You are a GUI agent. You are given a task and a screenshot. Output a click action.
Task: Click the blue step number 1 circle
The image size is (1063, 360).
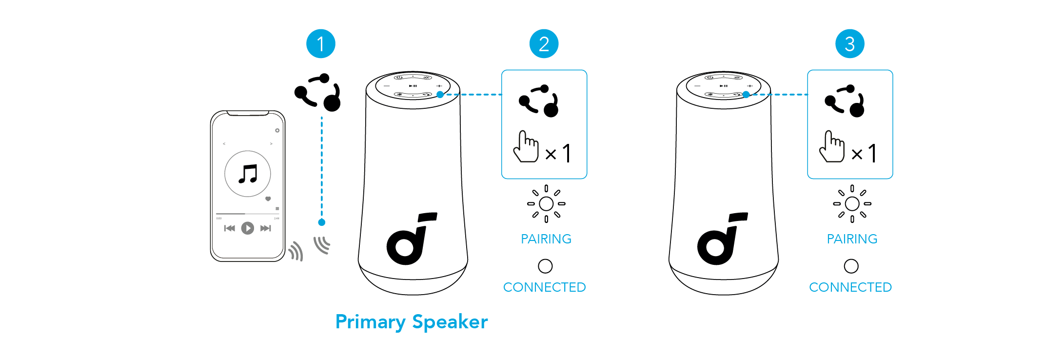coord(320,44)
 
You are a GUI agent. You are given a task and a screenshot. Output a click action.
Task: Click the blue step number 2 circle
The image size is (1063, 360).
coord(544,44)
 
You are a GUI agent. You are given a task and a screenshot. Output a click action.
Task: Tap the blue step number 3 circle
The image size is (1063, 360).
coord(849,44)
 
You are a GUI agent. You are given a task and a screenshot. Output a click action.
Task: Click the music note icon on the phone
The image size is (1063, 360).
coord(248,174)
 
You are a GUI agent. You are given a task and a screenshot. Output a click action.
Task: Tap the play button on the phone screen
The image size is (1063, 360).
coord(248,228)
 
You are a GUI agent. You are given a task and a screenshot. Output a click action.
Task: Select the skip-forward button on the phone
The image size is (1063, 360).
coord(265,228)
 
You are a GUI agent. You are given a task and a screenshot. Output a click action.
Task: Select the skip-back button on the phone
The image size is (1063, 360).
coord(230,228)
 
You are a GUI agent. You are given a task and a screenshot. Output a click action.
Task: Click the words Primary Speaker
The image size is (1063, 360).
coord(412,322)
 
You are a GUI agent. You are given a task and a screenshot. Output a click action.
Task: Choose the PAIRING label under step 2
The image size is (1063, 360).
coord(546,239)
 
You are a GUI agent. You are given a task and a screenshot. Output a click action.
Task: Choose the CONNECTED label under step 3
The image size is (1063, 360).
coord(850,287)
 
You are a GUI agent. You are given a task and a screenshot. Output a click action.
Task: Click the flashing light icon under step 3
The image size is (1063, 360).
coord(852,204)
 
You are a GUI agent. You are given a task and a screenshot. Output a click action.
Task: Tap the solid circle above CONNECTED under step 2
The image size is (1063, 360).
coord(545,266)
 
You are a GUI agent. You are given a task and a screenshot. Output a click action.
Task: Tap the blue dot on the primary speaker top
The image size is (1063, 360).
coord(440,95)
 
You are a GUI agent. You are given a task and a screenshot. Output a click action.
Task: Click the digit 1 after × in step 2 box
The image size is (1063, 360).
coord(567,154)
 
